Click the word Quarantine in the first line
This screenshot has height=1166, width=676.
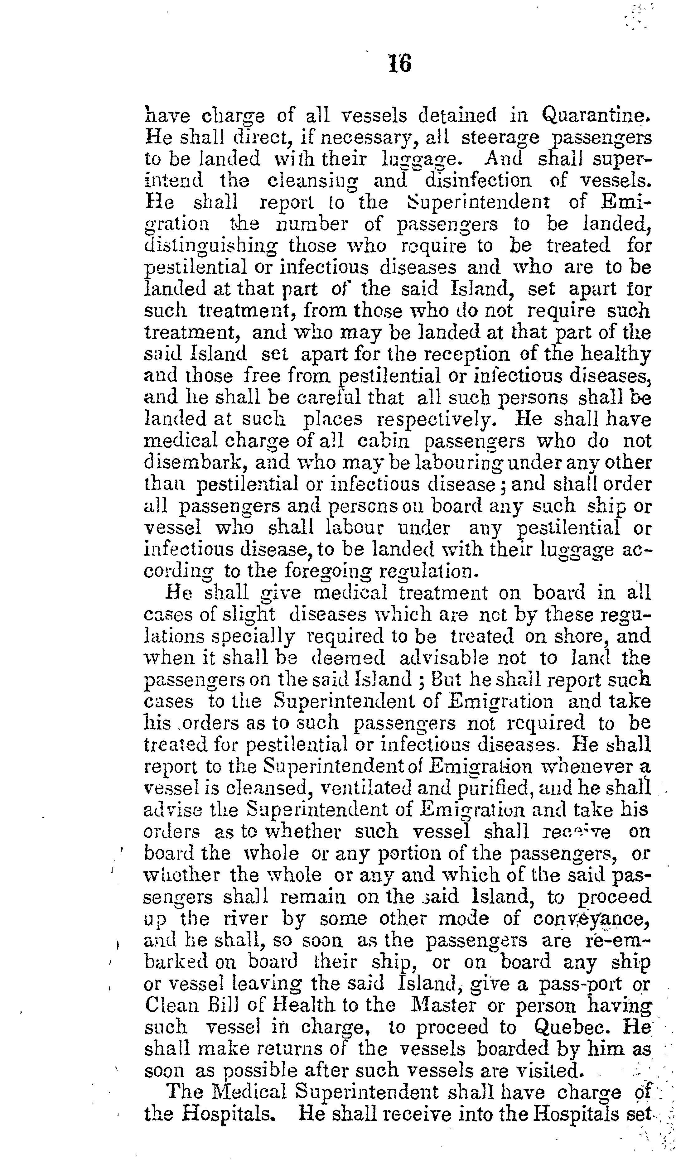[x=593, y=115]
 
